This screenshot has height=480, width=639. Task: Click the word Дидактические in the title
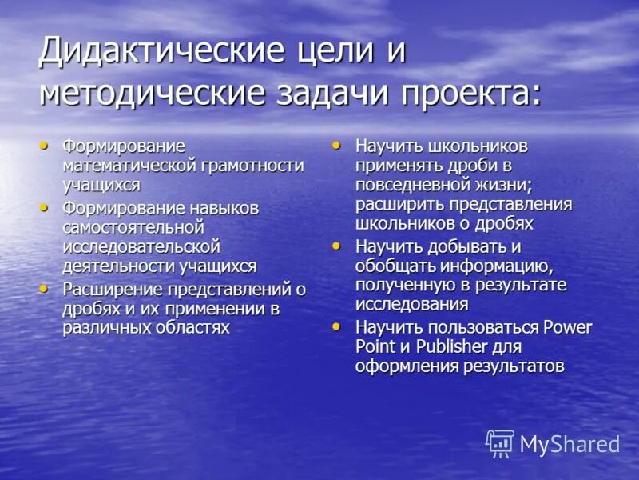point(152,52)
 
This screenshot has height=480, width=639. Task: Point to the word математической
point(130,166)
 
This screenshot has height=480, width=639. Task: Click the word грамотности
point(252,166)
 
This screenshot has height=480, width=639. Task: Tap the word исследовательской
point(141,247)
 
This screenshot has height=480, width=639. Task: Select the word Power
point(566,327)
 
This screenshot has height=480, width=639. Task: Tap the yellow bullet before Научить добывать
point(336,245)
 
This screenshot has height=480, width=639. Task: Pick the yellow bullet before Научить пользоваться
point(336,326)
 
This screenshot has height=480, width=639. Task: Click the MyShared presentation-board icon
point(501,442)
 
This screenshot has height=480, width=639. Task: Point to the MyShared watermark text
point(570,444)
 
